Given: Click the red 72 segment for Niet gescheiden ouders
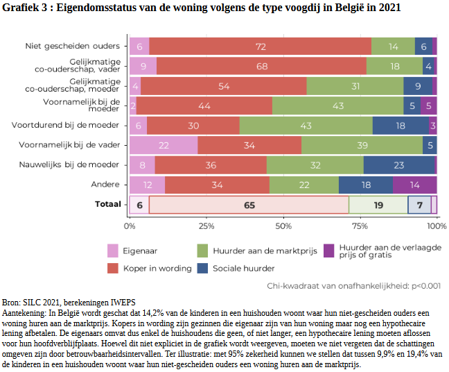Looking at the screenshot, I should point(261,46).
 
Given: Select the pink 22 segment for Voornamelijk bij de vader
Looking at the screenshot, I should point(164,145).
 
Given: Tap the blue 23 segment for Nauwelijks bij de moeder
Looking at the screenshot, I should point(399,165).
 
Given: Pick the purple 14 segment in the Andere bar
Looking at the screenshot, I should point(414,185).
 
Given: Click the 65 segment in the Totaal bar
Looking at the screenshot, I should point(249,205).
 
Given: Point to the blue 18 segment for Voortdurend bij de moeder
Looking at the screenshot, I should point(400,126).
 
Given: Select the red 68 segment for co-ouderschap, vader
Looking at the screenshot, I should point(261,66).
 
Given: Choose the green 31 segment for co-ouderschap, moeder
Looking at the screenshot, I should point(355,86).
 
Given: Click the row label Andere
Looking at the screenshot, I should point(105,185).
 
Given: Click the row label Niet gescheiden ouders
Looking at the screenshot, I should point(72,46).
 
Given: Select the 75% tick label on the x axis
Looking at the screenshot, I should point(360,226).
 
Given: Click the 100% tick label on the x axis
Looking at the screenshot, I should point(436,226).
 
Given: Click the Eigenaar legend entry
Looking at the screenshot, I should point(139,251).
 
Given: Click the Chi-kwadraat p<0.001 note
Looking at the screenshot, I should point(353,285).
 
